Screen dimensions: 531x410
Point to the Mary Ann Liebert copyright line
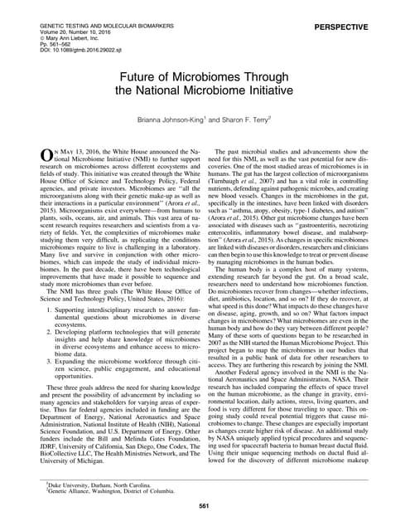click(x=53, y=22)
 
